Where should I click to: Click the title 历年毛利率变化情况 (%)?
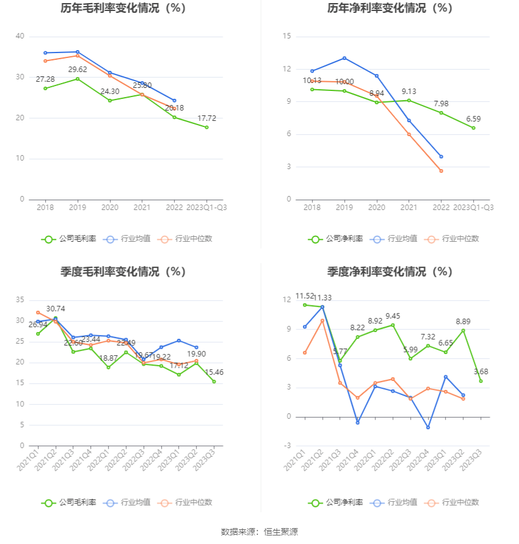123,9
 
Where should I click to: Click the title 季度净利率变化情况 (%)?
390,272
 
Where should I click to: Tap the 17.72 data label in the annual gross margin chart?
206,118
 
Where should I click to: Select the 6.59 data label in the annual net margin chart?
473,119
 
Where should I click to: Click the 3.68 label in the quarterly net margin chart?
481,372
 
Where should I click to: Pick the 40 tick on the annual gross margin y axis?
20,37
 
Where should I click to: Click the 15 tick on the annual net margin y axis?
286,37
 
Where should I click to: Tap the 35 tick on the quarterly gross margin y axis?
20,300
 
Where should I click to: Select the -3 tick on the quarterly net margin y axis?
287,446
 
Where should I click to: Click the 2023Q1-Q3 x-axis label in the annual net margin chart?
473,208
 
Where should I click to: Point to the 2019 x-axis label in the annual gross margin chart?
78,208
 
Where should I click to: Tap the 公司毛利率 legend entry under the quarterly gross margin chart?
69,502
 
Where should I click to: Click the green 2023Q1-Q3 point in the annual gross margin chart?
206,127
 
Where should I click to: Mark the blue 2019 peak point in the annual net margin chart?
344,58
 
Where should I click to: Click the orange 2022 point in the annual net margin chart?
441,171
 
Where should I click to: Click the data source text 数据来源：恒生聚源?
259,532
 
